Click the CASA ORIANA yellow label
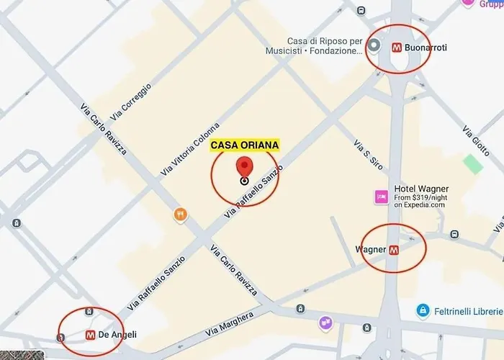point(244,145)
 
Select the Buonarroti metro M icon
point(396,48)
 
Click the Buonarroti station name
point(426,48)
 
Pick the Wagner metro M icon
point(394,250)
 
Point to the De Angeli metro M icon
point(91,335)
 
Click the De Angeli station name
point(118,335)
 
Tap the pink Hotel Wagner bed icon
point(381,197)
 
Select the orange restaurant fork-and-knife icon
point(180,214)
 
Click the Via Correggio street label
point(130,102)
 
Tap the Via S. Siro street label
point(367,154)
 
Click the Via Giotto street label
point(477,141)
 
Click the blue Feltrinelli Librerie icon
point(424,311)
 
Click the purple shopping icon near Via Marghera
point(326,323)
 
